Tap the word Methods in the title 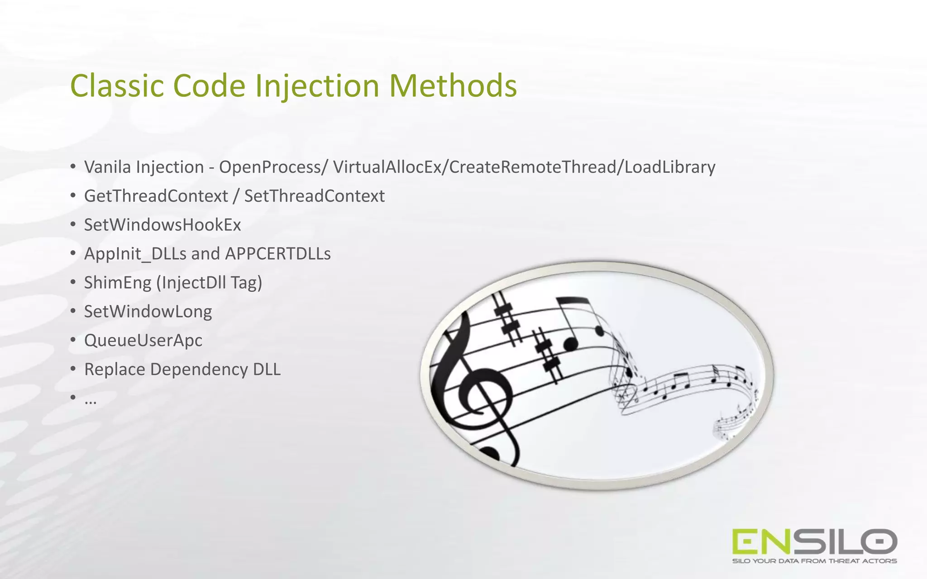point(453,85)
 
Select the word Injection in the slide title point(317,85)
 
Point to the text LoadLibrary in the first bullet point(670,167)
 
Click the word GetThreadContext point(156,196)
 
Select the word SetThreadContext point(314,196)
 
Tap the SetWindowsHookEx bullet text point(162,225)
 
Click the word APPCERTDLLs point(278,254)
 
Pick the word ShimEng point(118,283)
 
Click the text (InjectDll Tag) point(209,283)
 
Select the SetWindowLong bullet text point(148,312)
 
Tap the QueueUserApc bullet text point(143,340)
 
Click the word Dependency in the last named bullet point(199,369)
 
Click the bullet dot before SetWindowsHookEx point(73,224)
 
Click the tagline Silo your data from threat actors point(814,561)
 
